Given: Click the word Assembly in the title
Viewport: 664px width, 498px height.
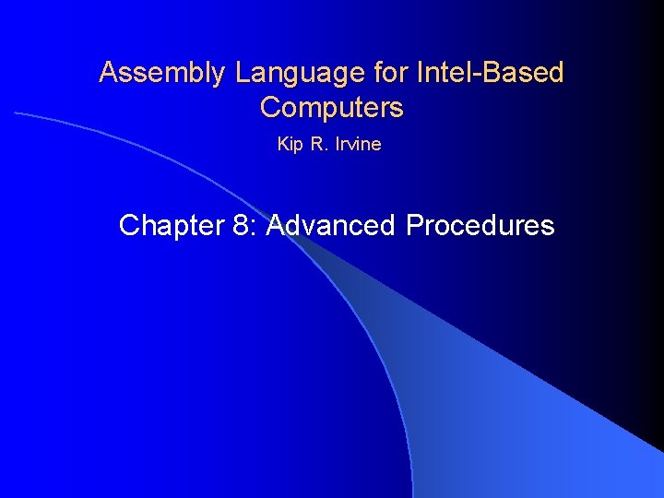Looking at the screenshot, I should [160, 73].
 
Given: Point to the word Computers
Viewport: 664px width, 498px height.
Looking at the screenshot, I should [332, 108].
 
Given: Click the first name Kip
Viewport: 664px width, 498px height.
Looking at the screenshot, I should [289, 145].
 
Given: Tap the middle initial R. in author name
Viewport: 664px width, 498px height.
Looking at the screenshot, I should [317, 145].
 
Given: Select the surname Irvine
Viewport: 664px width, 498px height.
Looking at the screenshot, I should [358, 145].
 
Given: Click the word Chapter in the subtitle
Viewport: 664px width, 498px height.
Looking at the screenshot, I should [170, 226].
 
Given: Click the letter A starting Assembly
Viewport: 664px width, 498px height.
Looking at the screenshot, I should [108, 72].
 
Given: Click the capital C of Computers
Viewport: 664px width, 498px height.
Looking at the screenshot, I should [270, 108].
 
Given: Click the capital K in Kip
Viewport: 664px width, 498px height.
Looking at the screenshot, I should [282, 145].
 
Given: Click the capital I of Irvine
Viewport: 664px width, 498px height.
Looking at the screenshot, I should [338, 145].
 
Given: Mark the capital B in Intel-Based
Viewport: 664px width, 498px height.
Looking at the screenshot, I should [484, 72].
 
